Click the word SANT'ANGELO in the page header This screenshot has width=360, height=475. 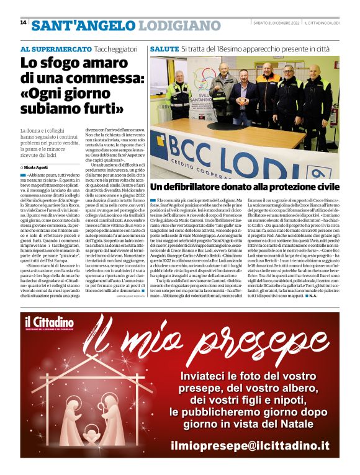[83, 26]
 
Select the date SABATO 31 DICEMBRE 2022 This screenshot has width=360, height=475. [272, 23]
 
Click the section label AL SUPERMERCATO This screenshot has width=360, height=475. [55, 48]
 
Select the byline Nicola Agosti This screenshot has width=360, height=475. [36, 167]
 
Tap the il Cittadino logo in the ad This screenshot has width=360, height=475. [50, 323]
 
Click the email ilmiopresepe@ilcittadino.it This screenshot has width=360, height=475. [251, 445]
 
